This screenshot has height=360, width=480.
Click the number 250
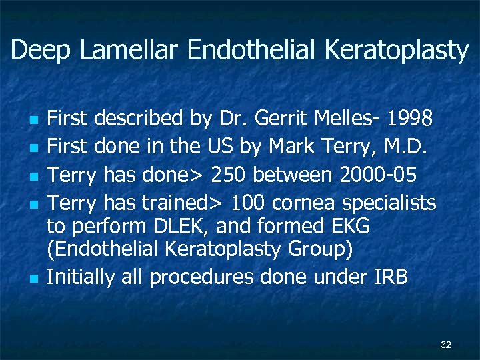(x=232, y=175)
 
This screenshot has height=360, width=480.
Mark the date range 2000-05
(x=378, y=175)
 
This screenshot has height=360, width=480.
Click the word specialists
(x=393, y=203)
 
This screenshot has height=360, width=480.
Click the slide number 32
(x=446, y=345)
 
